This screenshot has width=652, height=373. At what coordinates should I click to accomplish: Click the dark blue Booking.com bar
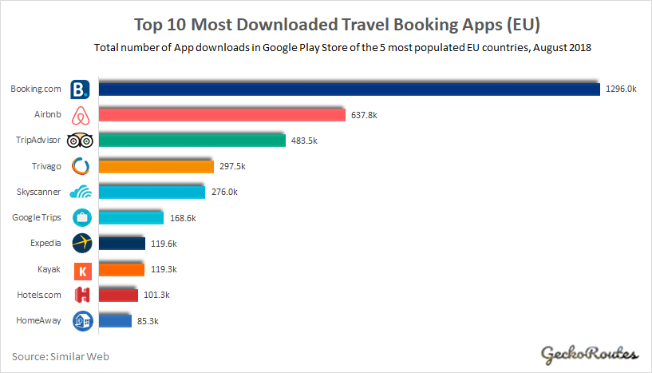click(x=347, y=89)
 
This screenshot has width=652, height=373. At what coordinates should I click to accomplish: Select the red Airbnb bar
click(x=219, y=115)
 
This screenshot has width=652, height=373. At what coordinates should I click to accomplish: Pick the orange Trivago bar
click(x=154, y=166)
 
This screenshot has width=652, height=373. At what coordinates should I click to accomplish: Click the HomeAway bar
click(x=113, y=321)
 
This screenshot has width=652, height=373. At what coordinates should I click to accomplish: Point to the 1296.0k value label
click(x=621, y=89)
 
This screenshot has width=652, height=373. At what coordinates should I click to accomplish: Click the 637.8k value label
click(x=363, y=115)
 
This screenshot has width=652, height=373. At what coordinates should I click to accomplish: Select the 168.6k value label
click(x=182, y=218)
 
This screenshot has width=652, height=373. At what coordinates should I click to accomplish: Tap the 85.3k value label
click(x=148, y=321)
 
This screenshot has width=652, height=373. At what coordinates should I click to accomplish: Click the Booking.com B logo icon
click(x=81, y=89)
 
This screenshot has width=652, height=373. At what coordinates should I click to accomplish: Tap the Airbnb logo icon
click(x=81, y=115)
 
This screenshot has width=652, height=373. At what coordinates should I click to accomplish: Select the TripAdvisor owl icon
click(x=81, y=141)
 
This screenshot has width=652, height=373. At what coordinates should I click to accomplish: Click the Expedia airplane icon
click(x=81, y=244)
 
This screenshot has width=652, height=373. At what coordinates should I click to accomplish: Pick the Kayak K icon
click(x=81, y=270)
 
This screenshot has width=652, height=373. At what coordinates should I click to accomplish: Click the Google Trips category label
click(x=37, y=218)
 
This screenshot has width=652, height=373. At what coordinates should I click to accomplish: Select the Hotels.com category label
click(x=38, y=296)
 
